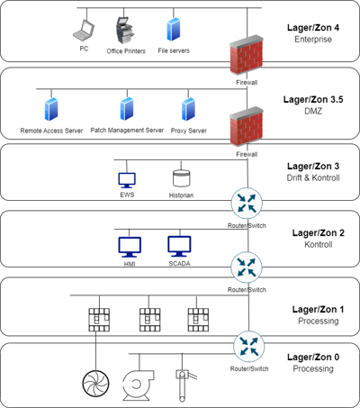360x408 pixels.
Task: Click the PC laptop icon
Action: tap(84, 31)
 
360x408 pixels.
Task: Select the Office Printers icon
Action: tap(126, 31)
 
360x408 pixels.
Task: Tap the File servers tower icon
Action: tap(174, 30)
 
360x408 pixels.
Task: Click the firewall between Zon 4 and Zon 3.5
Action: tap(247, 55)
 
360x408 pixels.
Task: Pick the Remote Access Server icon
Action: tap(51, 109)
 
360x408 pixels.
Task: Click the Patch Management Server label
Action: tap(127, 131)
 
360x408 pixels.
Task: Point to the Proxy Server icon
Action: tap(188, 109)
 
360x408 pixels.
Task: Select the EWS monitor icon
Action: tap(127, 180)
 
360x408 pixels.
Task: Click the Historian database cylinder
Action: tap(181, 178)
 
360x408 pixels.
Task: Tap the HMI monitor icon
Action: tap(130, 247)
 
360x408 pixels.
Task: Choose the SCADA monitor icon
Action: tap(179, 247)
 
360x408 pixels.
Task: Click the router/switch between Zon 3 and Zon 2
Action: tap(247, 204)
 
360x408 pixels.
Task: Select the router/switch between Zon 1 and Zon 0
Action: tap(249, 347)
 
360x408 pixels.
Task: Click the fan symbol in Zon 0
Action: tap(95, 384)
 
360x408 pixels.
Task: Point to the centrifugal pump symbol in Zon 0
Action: tap(138, 385)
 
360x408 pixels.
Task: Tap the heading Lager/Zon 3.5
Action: tap(313, 99)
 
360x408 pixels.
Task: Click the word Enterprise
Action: tap(313, 40)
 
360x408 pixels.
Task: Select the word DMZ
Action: tap(313, 111)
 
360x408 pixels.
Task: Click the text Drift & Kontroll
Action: tap(313, 177)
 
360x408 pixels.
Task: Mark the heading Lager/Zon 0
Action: tap(313, 357)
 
